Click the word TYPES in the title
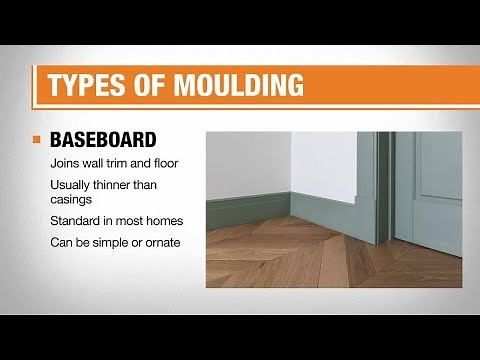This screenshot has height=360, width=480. click(x=83, y=84)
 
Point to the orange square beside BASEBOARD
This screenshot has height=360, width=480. click(x=38, y=139)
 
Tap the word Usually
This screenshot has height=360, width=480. click(x=71, y=185)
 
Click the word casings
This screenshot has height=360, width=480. click(x=72, y=200)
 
